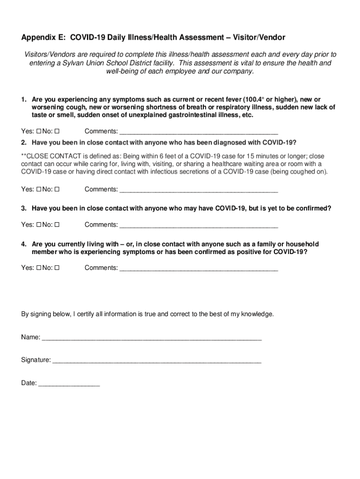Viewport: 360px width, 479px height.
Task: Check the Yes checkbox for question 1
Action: pos(39,131)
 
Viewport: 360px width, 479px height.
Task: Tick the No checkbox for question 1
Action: pos(57,131)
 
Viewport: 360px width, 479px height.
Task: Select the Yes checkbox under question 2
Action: pos(39,190)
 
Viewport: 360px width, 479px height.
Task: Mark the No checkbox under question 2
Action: pos(57,190)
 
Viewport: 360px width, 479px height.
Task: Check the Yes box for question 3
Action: pos(39,225)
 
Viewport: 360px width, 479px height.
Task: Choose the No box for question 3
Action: pos(57,225)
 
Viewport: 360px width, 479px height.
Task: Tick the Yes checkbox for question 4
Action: pos(39,268)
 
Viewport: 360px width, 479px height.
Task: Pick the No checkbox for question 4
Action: pos(57,268)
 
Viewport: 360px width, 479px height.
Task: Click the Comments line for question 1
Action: pos(199,132)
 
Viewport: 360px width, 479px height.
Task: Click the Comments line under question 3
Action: pos(199,225)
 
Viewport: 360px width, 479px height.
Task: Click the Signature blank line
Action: pos(157,361)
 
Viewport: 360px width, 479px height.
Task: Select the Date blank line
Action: pos(69,384)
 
